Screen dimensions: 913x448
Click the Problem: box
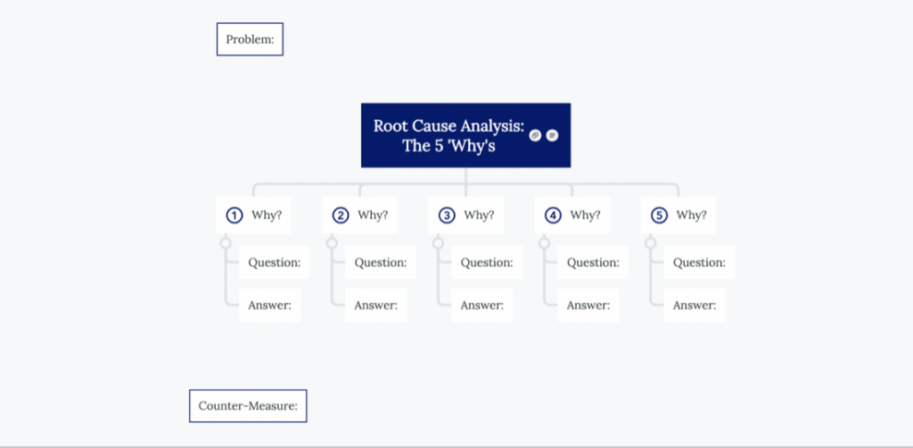[x=250, y=39]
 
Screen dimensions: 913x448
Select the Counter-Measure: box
[x=248, y=405]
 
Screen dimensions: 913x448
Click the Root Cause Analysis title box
[x=465, y=135]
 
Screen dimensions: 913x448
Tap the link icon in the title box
[x=535, y=135]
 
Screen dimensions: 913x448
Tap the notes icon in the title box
[x=552, y=135]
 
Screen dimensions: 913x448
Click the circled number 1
[x=234, y=216]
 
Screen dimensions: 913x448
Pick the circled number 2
[x=340, y=216]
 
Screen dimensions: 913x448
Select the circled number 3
[x=446, y=216]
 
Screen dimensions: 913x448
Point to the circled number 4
[x=553, y=216]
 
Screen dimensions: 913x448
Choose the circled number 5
[x=659, y=216]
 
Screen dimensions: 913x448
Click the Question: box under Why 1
[x=275, y=263]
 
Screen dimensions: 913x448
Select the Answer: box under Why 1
[x=269, y=305]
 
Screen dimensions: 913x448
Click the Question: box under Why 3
[x=487, y=263]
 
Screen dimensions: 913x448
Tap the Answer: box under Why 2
[x=375, y=305]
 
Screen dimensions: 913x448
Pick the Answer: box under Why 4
[x=588, y=305]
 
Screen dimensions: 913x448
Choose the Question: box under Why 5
[x=699, y=263]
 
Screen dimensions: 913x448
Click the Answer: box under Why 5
[x=695, y=305]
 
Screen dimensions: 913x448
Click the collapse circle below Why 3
[x=438, y=242]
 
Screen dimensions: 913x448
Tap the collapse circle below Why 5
[x=650, y=242]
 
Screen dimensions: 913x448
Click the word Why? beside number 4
[x=585, y=215]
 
